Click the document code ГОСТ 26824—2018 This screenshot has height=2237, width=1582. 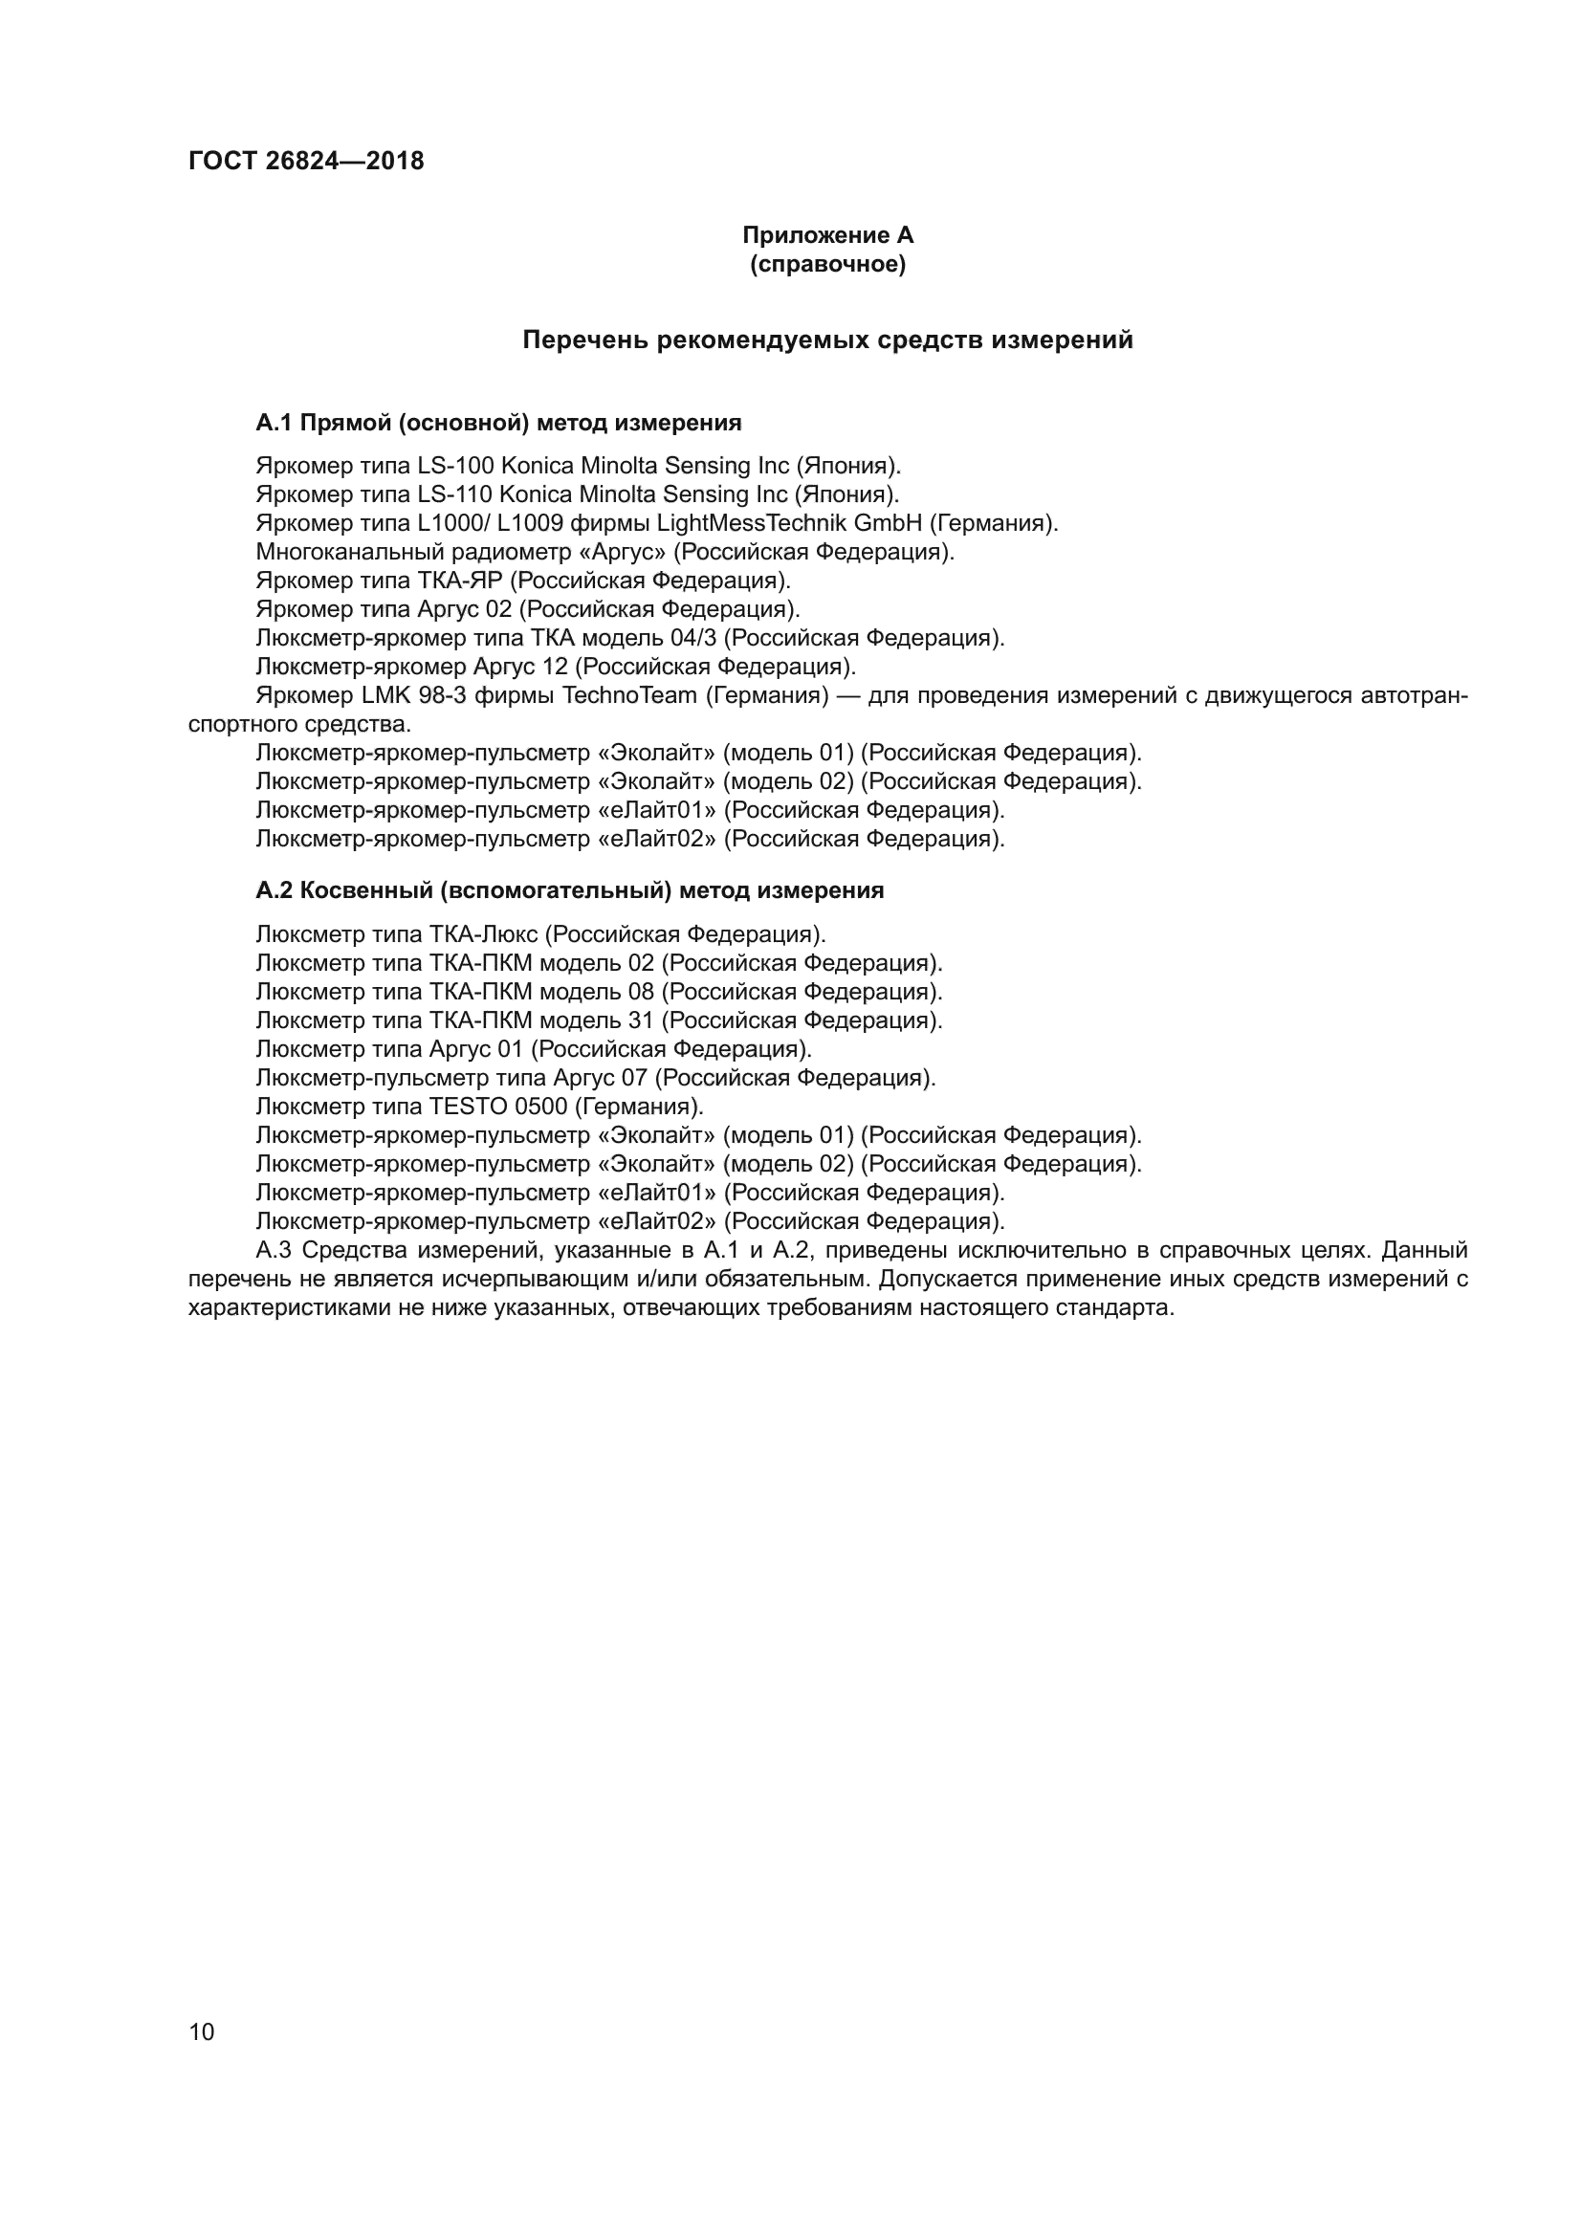point(306,161)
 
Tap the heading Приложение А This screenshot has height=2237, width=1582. point(827,235)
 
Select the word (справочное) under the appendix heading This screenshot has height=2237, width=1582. point(827,264)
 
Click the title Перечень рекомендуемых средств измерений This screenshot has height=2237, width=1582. point(827,340)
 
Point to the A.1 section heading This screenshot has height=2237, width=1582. point(497,423)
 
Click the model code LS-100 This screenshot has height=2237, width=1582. point(456,466)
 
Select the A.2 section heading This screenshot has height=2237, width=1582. point(570,890)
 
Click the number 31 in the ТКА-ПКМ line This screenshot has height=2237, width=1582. point(642,1020)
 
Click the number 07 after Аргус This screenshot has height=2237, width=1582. point(634,1078)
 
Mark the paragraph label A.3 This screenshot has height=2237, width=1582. point(273,1250)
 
